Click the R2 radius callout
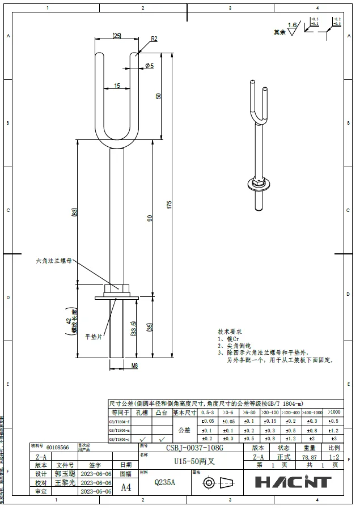(154, 39)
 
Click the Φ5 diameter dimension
(149, 66)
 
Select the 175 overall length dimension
(169, 205)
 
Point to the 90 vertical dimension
(150, 218)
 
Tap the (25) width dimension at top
(117, 35)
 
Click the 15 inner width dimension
(117, 86)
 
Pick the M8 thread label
(135, 365)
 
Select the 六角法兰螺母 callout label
(54, 261)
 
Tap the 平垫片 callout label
(92, 336)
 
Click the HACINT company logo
(293, 482)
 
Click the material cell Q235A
(165, 482)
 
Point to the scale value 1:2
(334, 456)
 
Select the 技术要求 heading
(231, 331)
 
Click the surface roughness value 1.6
(292, 25)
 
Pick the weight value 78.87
(309, 456)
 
